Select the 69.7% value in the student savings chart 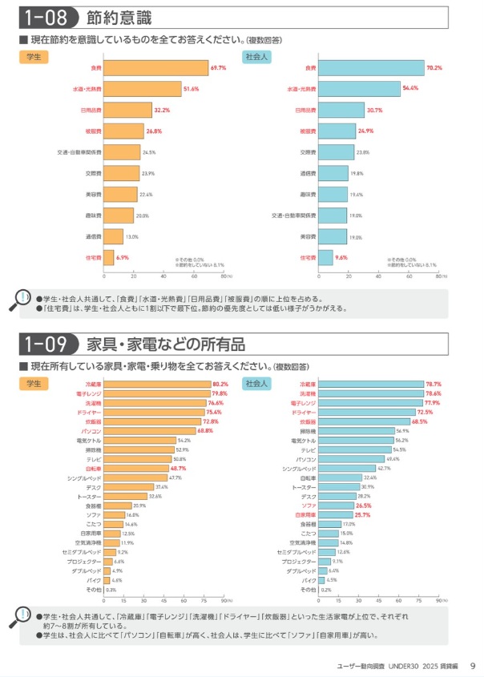click(218, 69)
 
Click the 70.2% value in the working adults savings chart click(434, 69)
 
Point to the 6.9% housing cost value click(122, 257)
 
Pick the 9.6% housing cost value click(341, 257)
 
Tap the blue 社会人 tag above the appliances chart click(257, 383)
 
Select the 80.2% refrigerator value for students click(220, 384)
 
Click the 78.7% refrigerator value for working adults click(433, 384)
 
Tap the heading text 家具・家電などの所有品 click(166, 345)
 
